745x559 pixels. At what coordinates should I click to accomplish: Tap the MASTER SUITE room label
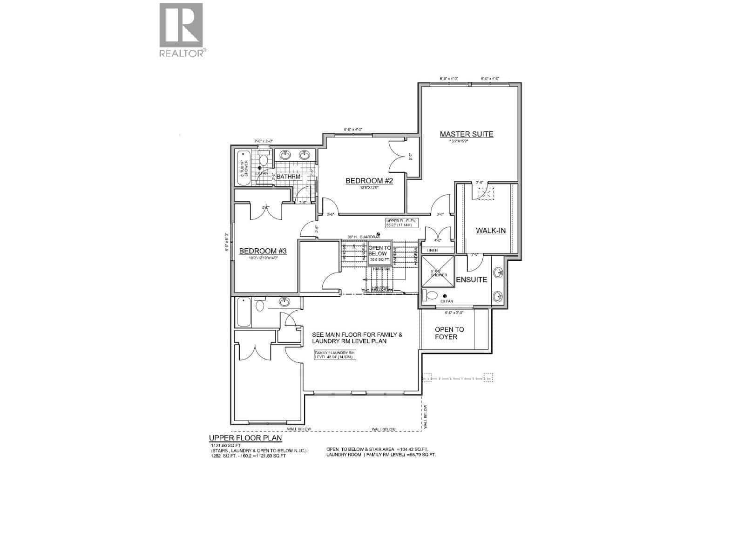(x=466, y=134)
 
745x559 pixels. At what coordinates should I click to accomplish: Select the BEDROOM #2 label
(x=369, y=181)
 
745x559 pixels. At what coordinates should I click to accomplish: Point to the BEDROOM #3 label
(x=263, y=251)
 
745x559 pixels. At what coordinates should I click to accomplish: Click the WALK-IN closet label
(x=490, y=231)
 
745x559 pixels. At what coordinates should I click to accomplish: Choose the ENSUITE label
(x=471, y=280)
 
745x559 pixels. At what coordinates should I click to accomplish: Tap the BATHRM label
(x=289, y=177)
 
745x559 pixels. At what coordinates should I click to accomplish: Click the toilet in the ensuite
(x=431, y=295)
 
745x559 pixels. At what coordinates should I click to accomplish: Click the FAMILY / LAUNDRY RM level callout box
(x=335, y=355)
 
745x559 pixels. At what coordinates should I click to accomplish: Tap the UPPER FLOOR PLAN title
(x=245, y=438)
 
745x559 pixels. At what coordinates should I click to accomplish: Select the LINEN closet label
(x=432, y=250)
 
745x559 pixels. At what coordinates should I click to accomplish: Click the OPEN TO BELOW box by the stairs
(x=379, y=253)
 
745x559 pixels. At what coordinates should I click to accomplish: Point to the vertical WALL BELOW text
(x=426, y=417)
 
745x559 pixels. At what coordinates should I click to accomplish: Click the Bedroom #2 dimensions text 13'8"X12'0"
(x=369, y=188)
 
